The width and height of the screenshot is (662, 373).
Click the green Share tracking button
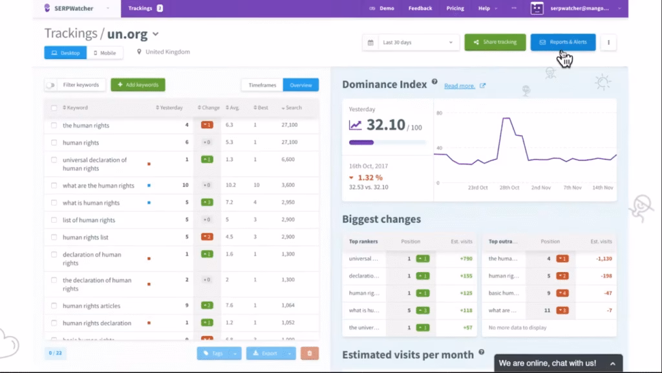pos(495,42)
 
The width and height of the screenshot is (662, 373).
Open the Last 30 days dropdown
pos(411,43)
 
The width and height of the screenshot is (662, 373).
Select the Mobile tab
pos(105,52)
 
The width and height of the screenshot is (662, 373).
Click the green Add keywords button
pos(138,85)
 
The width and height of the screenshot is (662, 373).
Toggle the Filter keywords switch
pos(50,85)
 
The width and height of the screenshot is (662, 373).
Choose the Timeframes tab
pos(262,85)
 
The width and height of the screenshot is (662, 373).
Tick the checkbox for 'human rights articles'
pos(54,306)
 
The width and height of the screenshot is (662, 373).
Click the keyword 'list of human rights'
pos(89,220)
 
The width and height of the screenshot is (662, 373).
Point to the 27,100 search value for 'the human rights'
pos(289,125)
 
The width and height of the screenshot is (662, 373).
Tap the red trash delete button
pos(309,353)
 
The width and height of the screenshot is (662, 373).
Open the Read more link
pos(460,85)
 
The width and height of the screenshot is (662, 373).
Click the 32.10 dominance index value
pos(385,126)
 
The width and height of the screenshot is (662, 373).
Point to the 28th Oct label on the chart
pos(509,188)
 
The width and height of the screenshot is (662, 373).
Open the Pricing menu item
pos(455,8)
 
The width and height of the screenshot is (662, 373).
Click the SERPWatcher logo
pos(70,8)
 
